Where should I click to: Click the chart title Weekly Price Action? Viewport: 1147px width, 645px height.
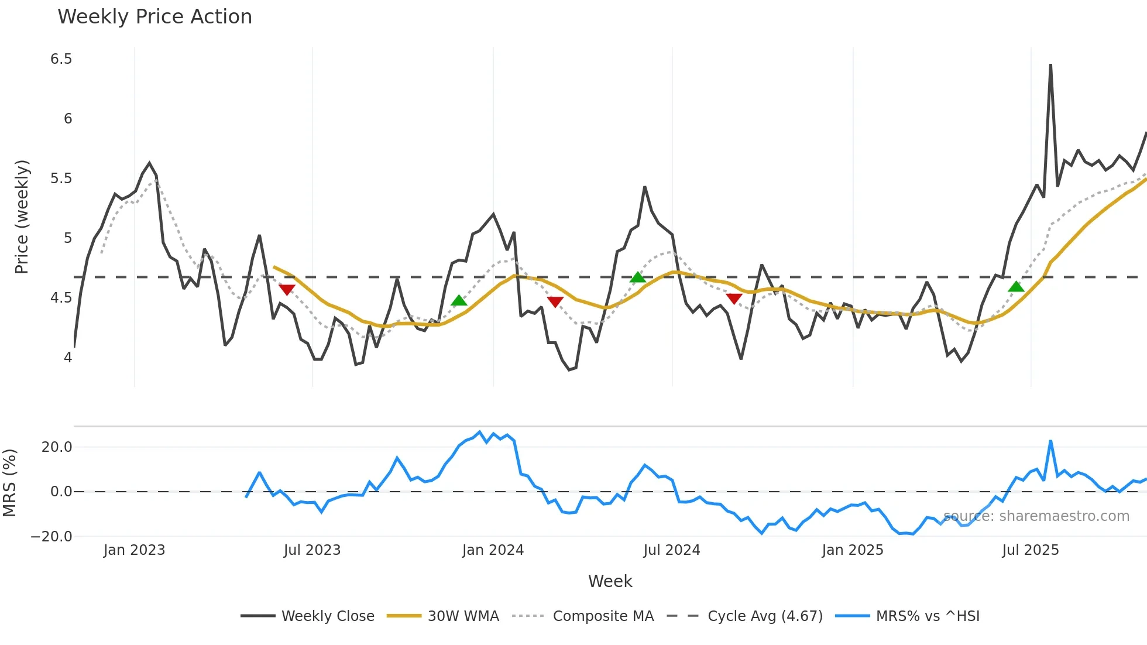154,17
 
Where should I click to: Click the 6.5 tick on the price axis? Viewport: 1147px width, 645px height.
61,59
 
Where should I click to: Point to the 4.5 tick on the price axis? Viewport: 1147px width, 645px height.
61,298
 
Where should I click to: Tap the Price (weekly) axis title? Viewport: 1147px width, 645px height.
22,217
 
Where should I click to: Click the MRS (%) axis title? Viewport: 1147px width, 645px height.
9,483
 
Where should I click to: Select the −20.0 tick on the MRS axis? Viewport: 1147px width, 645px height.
51,537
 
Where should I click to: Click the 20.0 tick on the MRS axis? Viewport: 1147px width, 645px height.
57,447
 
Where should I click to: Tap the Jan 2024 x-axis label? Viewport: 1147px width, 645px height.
493,550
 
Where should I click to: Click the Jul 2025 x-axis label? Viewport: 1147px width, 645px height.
1031,550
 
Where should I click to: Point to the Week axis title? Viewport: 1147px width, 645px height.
610,581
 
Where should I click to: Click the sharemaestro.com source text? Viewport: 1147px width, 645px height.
1036,516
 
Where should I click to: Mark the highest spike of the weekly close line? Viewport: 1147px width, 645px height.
1050,65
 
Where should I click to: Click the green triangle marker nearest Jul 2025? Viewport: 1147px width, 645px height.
1016,287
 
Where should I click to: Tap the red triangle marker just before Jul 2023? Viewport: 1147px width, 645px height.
287,290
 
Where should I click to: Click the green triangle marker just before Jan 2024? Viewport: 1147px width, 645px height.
459,301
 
